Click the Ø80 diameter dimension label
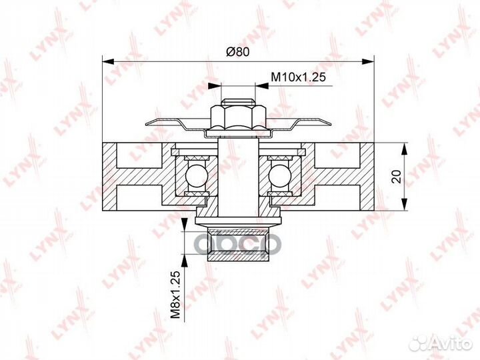238,52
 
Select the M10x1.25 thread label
298,77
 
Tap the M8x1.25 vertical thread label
175,295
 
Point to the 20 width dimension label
397,177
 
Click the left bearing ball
197,175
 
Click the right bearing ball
279,175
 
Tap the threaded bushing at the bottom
238,244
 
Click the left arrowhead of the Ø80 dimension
108,62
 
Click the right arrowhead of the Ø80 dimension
368,62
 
